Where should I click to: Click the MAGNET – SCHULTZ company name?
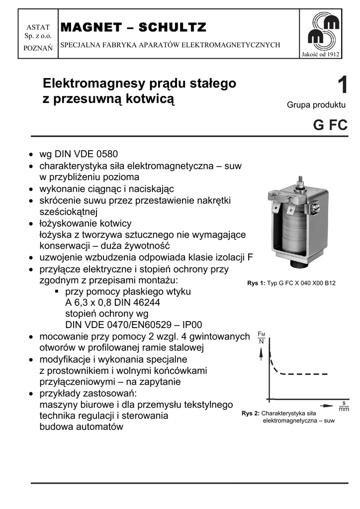[x=133, y=27]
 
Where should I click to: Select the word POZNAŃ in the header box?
[x=38, y=49]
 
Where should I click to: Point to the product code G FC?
[x=330, y=125]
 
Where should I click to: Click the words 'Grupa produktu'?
[x=316, y=105]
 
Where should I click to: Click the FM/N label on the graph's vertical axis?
[x=261, y=338]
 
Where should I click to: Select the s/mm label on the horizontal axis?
[x=343, y=406]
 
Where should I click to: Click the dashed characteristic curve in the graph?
[x=298, y=373]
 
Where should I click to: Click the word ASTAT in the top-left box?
[x=38, y=28]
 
